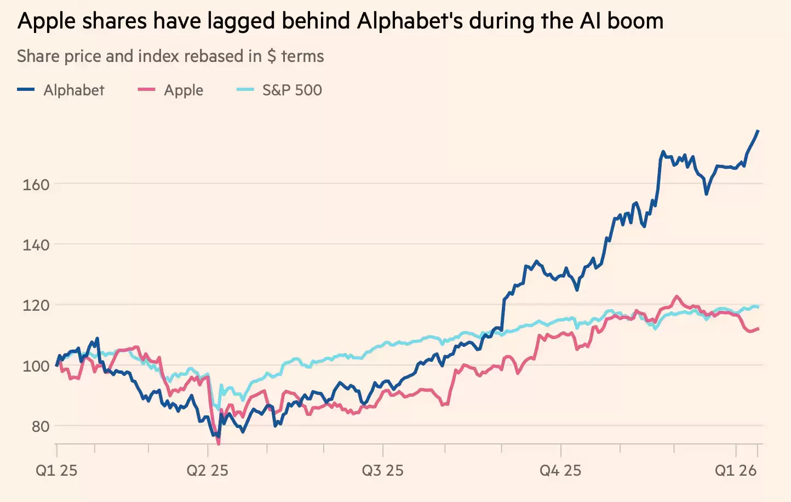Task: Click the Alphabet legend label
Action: (x=73, y=90)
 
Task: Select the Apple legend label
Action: (x=184, y=90)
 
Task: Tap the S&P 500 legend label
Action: (x=292, y=90)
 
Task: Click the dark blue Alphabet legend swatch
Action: (x=26, y=90)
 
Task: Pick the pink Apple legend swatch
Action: (x=146, y=90)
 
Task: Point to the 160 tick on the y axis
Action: (x=36, y=185)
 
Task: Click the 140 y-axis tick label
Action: (x=36, y=245)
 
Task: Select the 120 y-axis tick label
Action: (x=36, y=305)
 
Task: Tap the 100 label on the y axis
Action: (x=36, y=366)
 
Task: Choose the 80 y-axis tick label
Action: (x=40, y=426)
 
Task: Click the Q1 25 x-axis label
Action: (x=56, y=470)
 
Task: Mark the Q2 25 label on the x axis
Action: (x=208, y=470)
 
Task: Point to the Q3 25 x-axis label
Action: (x=382, y=470)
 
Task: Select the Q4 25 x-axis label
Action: (x=560, y=470)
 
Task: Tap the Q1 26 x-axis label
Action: (x=736, y=470)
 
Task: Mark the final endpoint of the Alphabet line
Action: (x=758, y=130)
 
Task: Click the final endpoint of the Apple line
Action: (x=759, y=328)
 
